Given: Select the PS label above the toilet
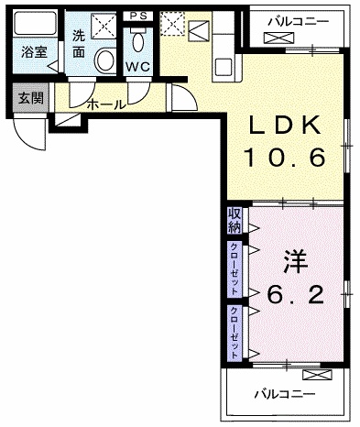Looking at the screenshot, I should [x=137, y=16].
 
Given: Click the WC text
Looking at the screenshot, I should [x=137, y=68].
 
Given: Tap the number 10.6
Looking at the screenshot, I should [x=284, y=159].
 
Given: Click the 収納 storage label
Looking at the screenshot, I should [x=235, y=221].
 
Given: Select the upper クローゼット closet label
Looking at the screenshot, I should [x=235, y=265].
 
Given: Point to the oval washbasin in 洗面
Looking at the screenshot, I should [x=105, y=60].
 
